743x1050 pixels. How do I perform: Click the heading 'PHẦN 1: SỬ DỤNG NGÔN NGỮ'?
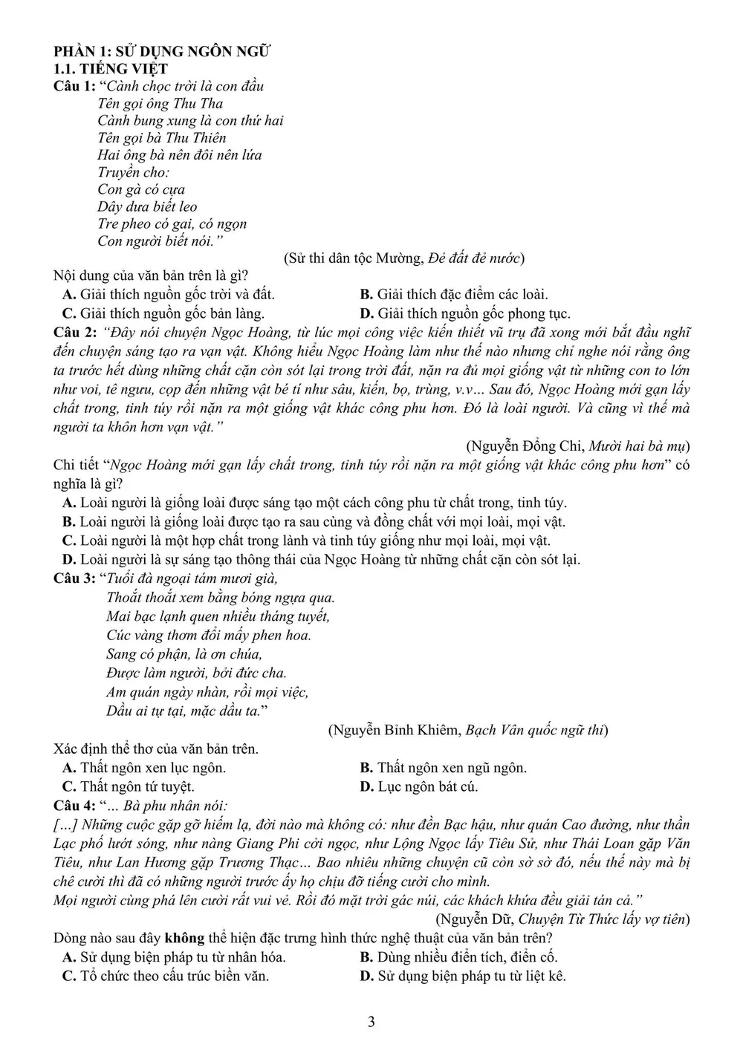pyautogui.click(x=162, y=51)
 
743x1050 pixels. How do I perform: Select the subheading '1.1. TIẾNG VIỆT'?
pyautogui.click(x=111, y=69)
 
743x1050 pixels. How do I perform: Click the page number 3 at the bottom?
pyautogui.click(x=371, y=1022)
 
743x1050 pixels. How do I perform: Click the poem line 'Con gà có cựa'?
pyautogui.click(x=141, y=189)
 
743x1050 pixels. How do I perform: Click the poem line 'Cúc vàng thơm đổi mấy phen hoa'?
pyautogui.click(x=209, y=635)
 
